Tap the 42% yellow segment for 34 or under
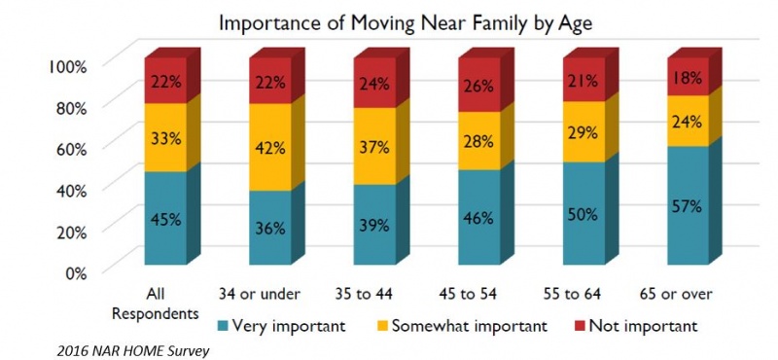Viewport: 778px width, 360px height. (271, 148)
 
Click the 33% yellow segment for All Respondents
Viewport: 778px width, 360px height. (166, 137)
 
